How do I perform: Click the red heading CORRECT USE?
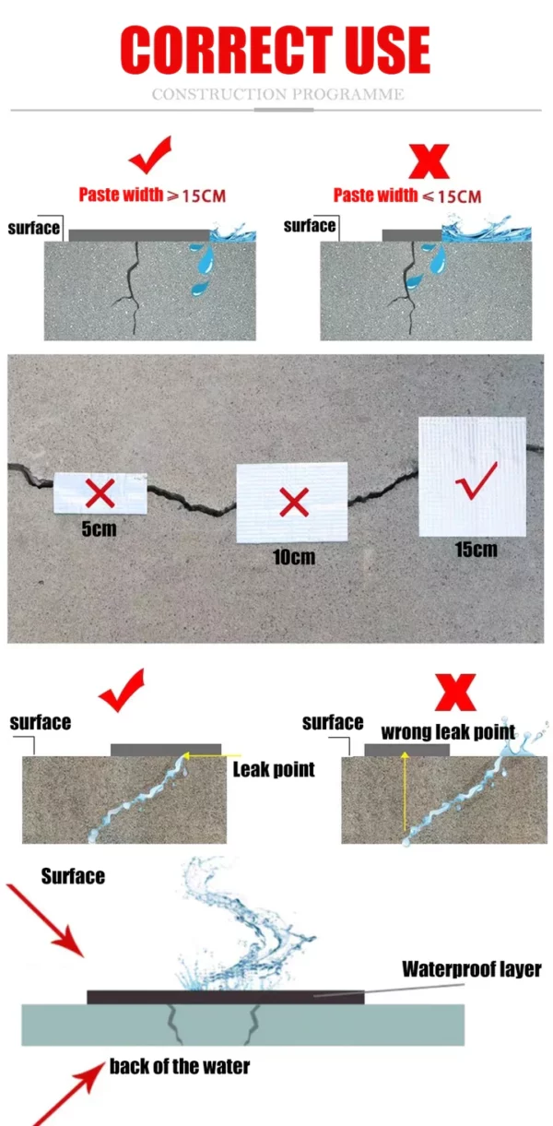point(275,50)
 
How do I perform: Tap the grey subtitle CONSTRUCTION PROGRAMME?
point(277,94)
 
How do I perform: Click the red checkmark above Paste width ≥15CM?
point(150,155)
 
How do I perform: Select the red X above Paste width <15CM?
point(429,161)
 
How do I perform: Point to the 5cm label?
point(99,528)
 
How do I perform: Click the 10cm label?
point(294,556)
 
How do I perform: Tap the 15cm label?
point(476,549)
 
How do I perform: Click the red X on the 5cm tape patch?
point(100,492)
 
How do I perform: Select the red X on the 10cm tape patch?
point(294,503)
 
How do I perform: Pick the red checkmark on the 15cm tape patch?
point(476,481)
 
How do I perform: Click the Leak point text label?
point(274,769)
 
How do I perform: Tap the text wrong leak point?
point(448,732)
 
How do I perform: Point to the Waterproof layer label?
point(472,968)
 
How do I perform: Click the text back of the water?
point(180,1066)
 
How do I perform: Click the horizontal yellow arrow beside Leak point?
point(211,755)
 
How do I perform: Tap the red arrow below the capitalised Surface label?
point(44,920)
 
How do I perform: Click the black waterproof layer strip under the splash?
point(226,997)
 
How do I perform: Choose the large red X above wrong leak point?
point(455,693)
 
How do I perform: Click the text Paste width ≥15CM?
point(152,195)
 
